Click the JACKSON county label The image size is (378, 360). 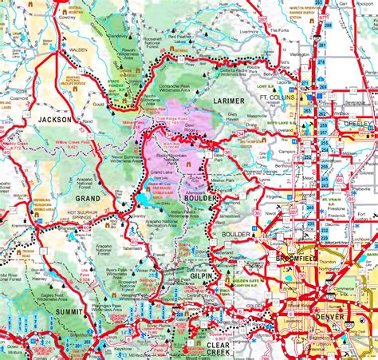tap(54, 119)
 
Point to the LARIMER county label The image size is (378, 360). tap(232, 101)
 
